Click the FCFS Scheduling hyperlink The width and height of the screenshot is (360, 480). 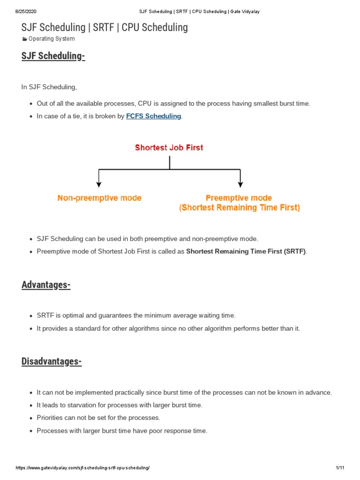click(153, 116)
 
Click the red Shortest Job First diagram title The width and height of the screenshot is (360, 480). click(169, 148)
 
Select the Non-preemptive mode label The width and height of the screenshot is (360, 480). click(99, 198)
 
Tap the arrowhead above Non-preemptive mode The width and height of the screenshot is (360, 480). click(98, 185)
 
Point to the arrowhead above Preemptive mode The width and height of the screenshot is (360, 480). click(240, 185)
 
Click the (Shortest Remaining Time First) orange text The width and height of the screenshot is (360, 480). click(239, 208)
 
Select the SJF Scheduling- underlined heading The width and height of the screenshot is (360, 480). click(53, 56)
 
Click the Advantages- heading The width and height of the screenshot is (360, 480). click(46, 285)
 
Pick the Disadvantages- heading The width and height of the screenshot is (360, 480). click(52, 361)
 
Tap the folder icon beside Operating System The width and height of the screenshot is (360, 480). click(25, 39)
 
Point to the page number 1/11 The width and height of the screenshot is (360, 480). click(340, 468)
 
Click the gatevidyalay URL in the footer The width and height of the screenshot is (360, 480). click(82, 468)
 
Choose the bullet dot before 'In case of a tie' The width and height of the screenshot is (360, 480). click(30, 116)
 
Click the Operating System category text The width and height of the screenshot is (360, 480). click(52, 39)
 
